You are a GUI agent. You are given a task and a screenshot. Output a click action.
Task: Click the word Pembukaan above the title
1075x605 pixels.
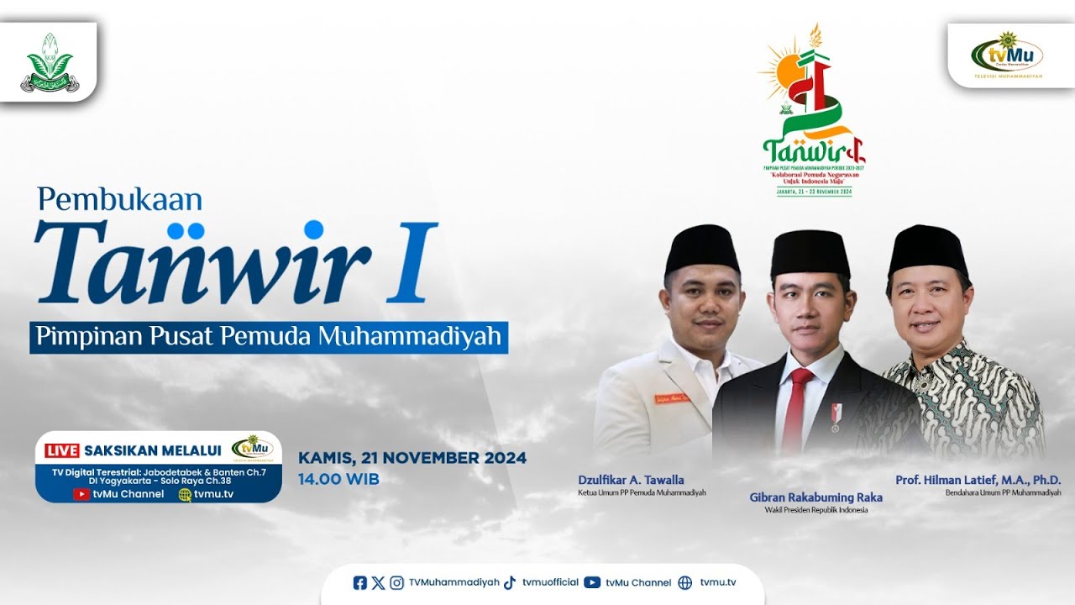120,200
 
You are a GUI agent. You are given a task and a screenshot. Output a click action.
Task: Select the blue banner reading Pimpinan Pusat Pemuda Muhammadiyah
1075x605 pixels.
269,336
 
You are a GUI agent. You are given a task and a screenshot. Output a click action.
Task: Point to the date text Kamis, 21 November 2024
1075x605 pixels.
412,458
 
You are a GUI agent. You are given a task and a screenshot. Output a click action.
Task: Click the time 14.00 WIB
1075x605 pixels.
339,480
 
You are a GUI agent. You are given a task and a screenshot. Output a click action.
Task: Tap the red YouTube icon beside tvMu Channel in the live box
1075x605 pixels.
81,495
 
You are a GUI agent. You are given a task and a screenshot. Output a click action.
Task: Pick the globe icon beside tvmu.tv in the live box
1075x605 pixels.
185,495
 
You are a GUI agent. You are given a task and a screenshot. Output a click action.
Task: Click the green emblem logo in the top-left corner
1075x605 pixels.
49,61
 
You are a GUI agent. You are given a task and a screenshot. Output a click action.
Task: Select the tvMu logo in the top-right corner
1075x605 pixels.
1007,55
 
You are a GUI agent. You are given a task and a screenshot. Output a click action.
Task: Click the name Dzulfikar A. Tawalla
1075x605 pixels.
631,480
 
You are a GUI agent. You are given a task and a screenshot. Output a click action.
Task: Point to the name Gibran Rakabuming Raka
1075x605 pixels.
815,497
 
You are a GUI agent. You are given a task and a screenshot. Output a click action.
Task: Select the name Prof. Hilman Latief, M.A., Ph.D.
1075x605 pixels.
978,480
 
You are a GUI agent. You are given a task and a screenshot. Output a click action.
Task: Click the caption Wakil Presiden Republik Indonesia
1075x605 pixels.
815,510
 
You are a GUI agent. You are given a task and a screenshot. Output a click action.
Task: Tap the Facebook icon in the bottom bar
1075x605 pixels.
360,582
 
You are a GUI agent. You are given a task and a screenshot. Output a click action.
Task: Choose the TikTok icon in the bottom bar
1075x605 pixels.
510,582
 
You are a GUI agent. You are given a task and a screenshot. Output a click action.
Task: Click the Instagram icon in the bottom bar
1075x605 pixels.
396,582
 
